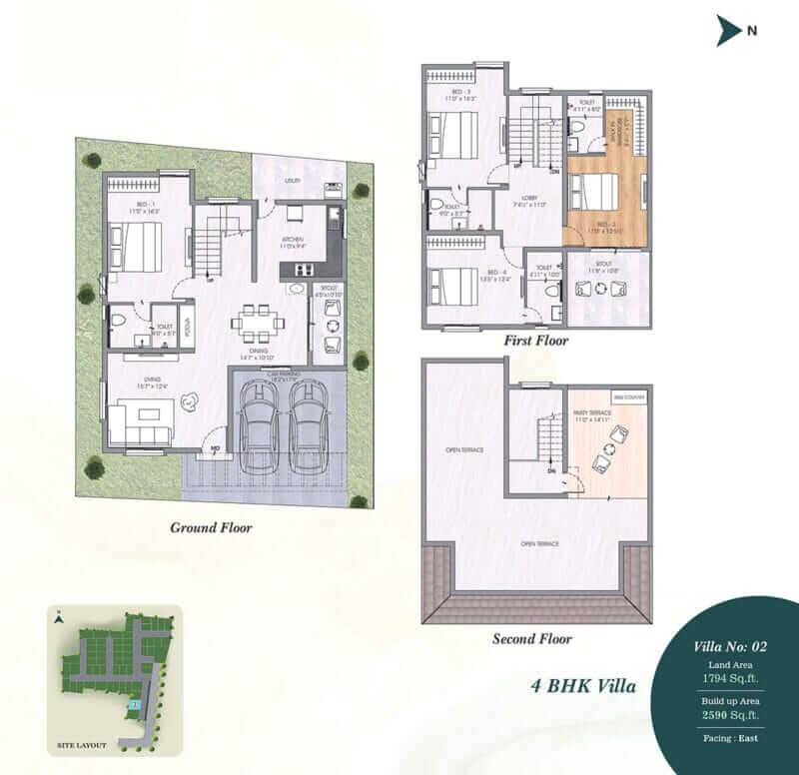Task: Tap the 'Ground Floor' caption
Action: (211, 527)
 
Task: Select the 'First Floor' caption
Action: (536, 341)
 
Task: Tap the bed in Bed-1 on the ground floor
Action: (138, 246)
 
